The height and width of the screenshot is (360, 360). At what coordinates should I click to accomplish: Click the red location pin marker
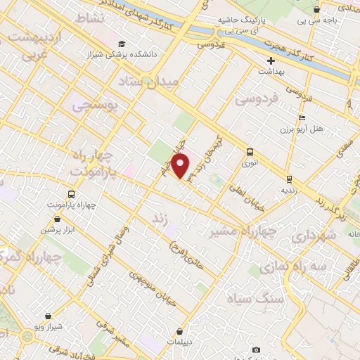coord(181,166)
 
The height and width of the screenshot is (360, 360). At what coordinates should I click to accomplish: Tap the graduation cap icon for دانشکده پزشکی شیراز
coord(122,44)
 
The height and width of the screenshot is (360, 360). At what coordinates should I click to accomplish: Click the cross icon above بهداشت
coord(270,61)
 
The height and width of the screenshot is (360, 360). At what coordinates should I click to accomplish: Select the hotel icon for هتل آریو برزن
coord(302,117)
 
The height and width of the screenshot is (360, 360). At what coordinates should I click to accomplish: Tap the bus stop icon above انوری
coord(249,151)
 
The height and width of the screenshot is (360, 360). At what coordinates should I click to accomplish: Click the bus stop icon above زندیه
coord(290,179)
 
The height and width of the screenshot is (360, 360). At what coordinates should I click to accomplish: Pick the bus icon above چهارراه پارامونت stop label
coord(71,194)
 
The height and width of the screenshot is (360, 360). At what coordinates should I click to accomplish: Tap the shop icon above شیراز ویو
coord(47,316)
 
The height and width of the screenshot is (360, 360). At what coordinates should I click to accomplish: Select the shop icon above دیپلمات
coord(181,330)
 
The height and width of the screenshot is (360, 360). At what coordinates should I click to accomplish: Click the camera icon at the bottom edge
coord(256,350)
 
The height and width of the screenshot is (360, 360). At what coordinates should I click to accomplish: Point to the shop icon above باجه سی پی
coord(317,11)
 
